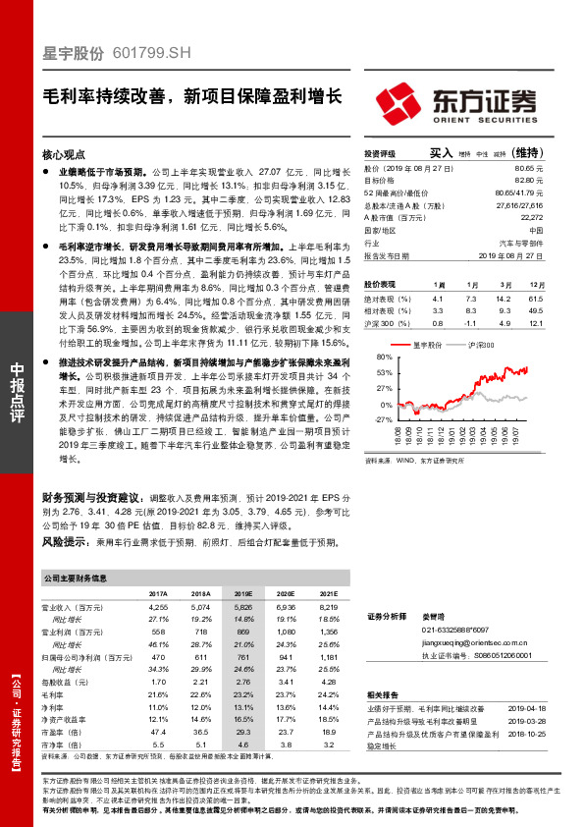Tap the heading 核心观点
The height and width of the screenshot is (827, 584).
point(66,155)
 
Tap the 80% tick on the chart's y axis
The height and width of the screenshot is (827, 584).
point(384,358)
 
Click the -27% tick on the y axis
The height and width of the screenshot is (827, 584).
point(383,419)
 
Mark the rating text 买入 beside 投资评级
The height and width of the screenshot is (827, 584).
point(440,153)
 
